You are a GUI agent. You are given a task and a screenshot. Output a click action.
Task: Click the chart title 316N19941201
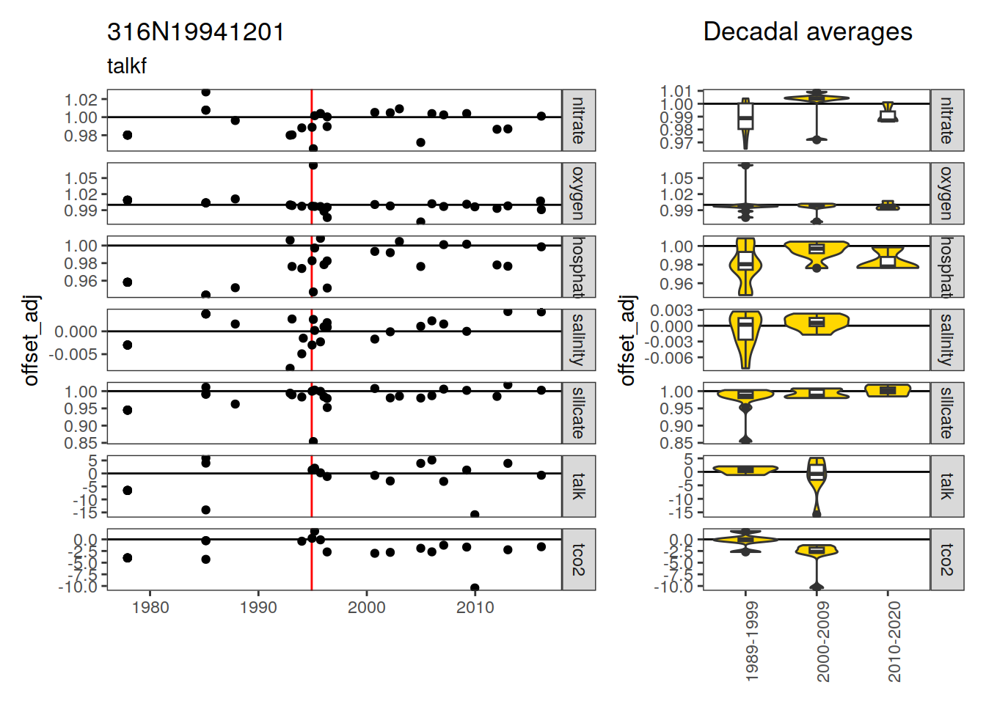pyautogui.click(x=195, y=32)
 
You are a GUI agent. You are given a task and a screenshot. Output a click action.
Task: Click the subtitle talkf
pyautogui.click(x=127, y=66)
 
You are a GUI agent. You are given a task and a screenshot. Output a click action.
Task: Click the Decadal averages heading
pyautogui.click(x=807, y=32)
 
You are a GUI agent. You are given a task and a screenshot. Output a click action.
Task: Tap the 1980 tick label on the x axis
pyautogui.click(x=150, y=607)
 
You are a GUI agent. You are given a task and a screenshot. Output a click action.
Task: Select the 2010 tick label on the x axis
pyautogui.click(x=475, y=607)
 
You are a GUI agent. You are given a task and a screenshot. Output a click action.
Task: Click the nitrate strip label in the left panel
pyautogui.click(x=579, y=120)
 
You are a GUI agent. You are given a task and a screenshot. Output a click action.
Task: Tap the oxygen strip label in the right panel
pyautogui.click(x=947, y=194)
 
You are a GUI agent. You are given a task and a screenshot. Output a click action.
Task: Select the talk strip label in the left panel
pyautogui.click(x=579, y=486)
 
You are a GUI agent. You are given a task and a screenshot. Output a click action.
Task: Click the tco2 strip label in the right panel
pyautogui.click(x=947, y=560)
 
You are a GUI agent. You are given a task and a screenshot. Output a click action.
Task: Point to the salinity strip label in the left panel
pyautogui.click(x=579, y=340)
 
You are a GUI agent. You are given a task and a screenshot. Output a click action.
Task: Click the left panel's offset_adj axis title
pyautogui.click(x=31, y=340)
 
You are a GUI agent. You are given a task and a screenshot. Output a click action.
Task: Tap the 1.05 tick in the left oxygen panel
pyautogui.click(x=81, y=178)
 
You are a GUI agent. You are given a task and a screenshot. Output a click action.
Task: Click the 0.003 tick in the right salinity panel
pyautogui.click(x=672, y=310)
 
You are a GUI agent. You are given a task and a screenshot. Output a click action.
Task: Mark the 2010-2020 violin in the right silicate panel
pyautogui.click(x=888, y=390)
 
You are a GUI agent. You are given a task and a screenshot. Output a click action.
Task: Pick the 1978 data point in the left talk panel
pyautogui.click(x=128, y=490)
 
